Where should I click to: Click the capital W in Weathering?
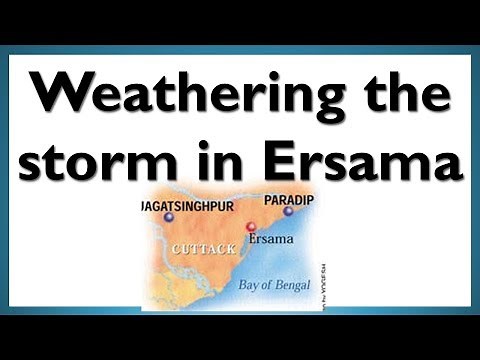54,96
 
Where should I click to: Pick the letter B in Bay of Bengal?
244,285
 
